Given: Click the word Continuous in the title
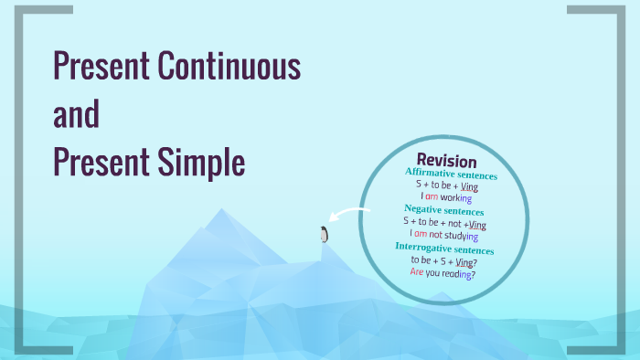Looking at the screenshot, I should (229, 67).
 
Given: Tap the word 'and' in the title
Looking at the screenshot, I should (76, 116).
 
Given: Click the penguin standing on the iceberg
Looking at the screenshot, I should (323, 234).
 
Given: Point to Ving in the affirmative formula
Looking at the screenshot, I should (469, 186).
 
